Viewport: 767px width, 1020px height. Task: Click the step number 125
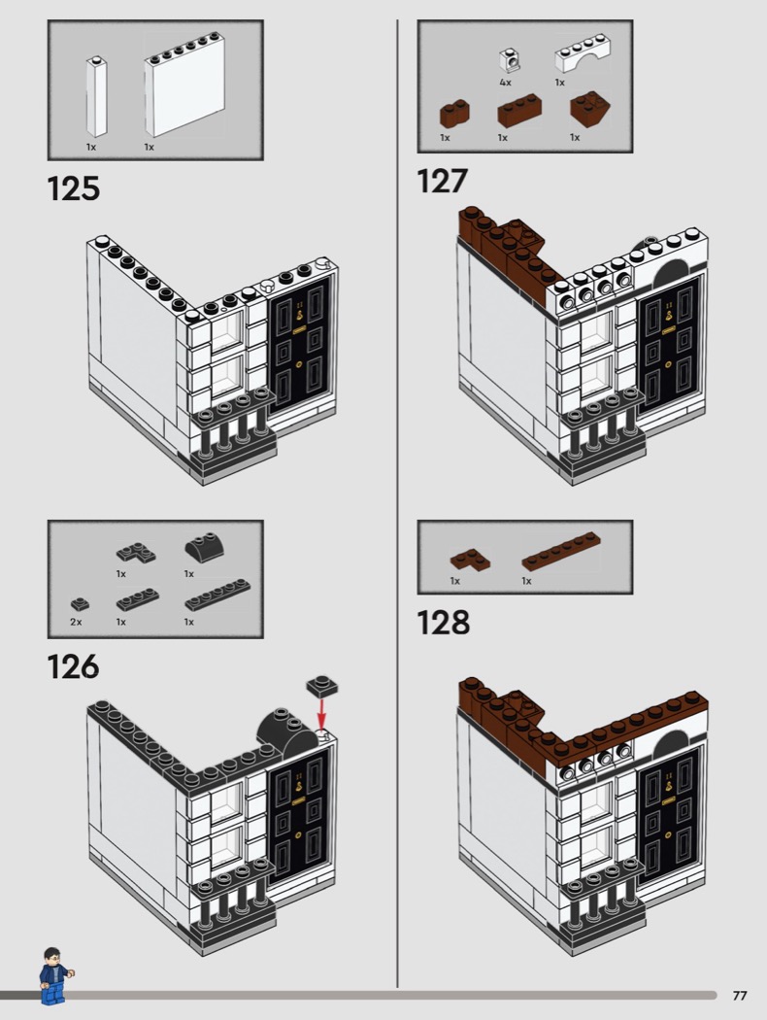pos(74,188)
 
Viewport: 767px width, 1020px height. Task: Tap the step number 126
pos(74,666)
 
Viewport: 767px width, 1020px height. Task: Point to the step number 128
pos(443,623)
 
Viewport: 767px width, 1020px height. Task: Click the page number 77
pos(740,996)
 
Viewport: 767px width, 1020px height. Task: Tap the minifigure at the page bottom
pos(54,975)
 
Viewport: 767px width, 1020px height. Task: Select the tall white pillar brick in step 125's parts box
pos(96,97)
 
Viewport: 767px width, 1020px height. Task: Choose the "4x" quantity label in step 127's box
pos(505,83)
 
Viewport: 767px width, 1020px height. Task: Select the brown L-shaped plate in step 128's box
pos(469,561)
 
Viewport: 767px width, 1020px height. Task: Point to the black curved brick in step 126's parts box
pos(204,550)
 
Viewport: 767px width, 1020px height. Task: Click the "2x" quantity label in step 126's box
pos(76,622)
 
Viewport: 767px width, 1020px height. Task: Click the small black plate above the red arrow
pos(322,686)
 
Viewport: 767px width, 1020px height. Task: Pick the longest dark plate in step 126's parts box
pos(217,595)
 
